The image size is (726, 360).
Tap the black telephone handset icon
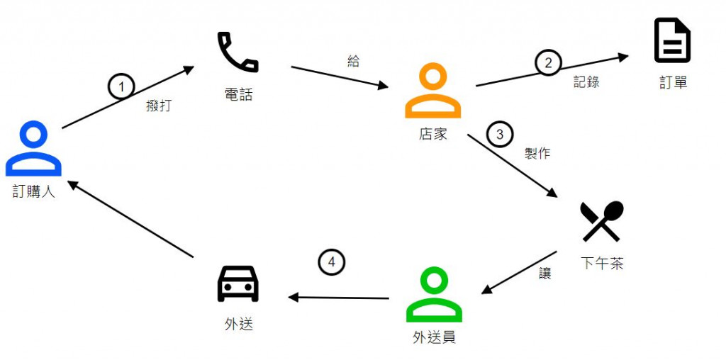238,52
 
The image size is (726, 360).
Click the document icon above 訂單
672,41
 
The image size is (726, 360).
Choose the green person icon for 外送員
434,295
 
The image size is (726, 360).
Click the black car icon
238,283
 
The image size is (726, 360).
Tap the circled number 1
121,86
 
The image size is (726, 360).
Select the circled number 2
547,63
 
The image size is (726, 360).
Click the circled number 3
499,133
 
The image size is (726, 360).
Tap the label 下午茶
602,264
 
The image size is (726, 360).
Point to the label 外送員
434,337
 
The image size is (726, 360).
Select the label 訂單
673,83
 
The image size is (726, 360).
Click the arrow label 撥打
158,106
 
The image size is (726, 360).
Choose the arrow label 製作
537,153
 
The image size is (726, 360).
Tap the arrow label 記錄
586,82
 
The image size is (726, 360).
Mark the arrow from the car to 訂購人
132,219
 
